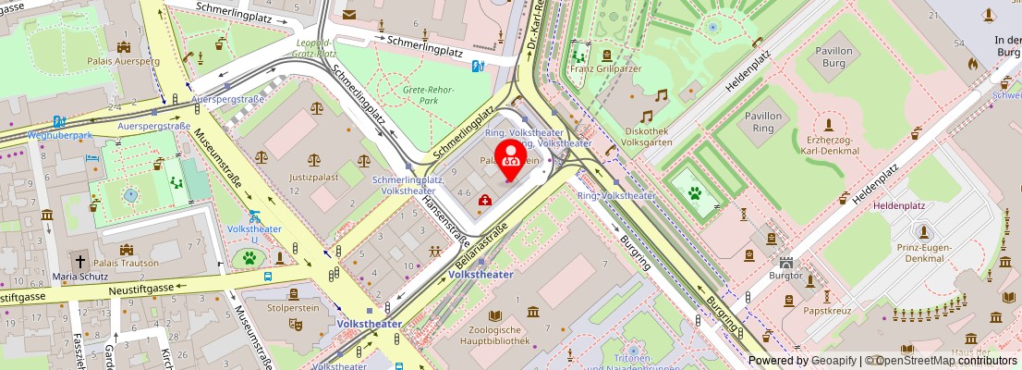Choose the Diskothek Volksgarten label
pos(660,137)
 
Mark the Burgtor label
pos(785,275)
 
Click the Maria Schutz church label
pos(81,276)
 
